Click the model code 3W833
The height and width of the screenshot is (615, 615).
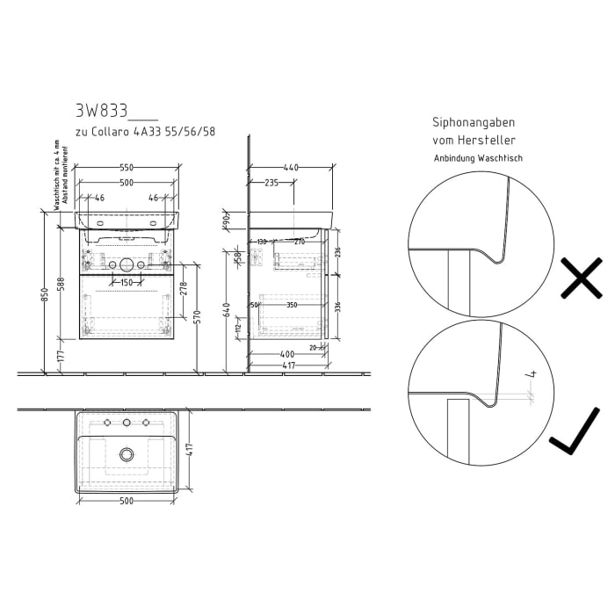coord(101,111)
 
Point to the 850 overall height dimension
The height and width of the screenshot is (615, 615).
coord(45,293)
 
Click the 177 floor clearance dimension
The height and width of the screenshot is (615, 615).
coord(61,355)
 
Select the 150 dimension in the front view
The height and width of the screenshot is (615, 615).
coord(127,283)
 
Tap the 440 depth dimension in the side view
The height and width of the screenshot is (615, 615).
coord(291,166)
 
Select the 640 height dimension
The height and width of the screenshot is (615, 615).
coord(227,310)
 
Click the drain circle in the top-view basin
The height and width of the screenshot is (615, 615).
coord(127,454)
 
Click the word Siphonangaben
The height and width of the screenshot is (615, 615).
coord(473,123)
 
